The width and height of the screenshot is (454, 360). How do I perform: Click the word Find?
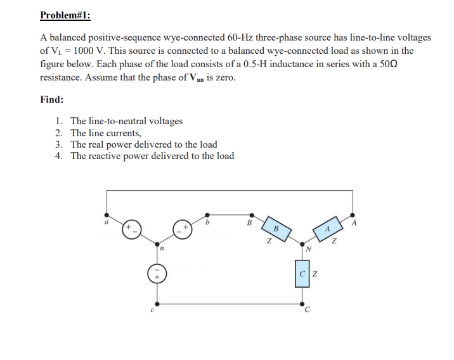[x=51, y=100]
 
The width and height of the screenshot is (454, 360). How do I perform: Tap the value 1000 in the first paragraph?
[x=85, y=51]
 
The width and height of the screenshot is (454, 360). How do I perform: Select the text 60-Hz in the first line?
[x=242, y=37]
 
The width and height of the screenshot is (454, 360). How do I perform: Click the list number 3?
[x=58, y=145]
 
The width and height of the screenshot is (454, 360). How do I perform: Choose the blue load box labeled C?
[x=302, y=274]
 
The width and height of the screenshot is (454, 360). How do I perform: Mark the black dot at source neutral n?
[x=158, y=243]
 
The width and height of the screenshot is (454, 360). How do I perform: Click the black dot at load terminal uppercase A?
[x=353, y=215]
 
